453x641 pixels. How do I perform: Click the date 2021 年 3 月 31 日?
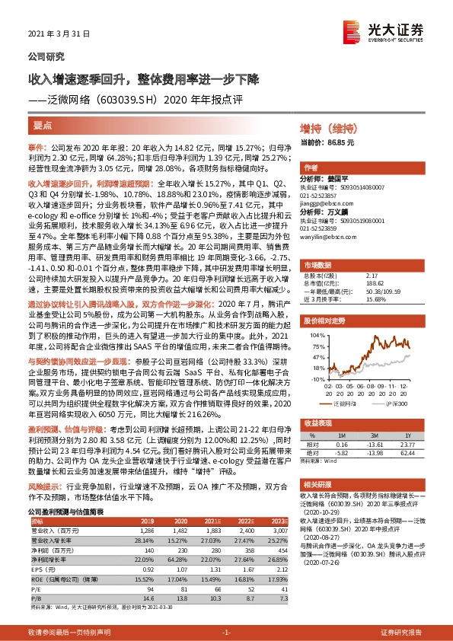click(59, 35)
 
